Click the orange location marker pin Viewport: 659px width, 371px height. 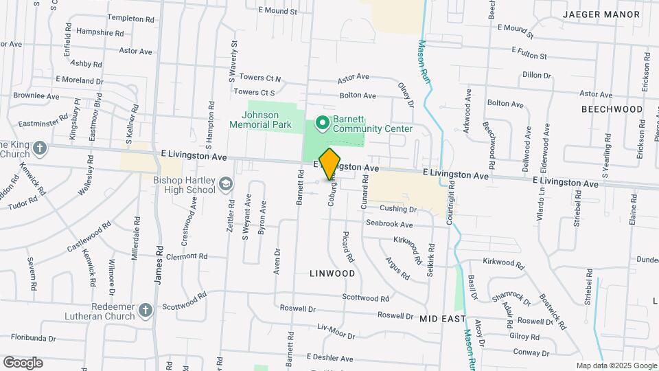[329, 164]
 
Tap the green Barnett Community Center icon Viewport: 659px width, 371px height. [321, 124]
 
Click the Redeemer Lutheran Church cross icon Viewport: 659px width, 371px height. [145, 311]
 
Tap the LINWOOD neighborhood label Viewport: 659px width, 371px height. [332, 273]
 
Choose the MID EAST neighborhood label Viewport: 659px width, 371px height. [443, 319]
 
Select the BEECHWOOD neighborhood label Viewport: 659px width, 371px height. [612, 109]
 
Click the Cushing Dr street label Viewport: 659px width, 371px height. [398, 208]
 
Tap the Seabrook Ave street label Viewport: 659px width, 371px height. [389, 224]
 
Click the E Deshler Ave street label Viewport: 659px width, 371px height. [329, 359]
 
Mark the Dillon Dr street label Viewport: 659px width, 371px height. [537, 75]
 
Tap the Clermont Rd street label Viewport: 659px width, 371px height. [186, 257]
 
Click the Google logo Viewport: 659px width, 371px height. [22, 362]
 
